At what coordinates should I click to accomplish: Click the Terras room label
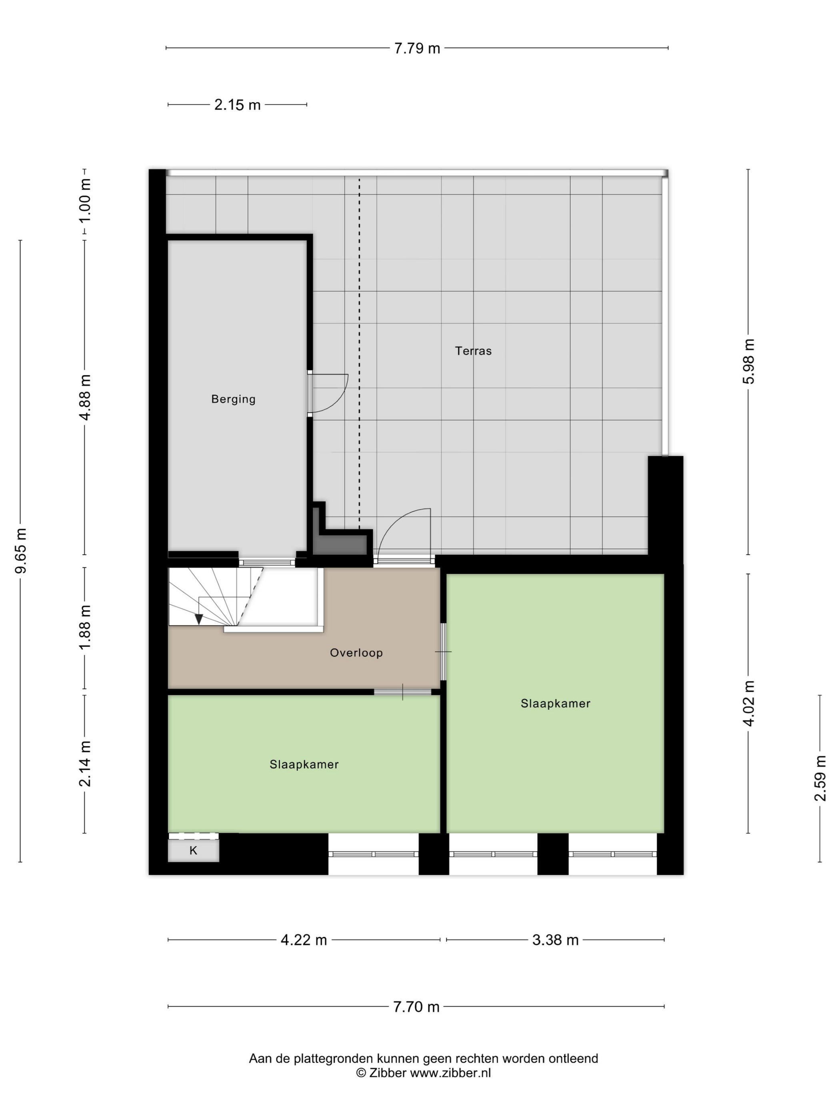coord(473,351)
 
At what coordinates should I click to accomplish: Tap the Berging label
coord(234,399)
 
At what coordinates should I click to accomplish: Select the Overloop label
coord(356,653)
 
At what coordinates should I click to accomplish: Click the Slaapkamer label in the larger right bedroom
coord(556,703)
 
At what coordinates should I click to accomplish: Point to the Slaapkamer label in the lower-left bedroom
coord(304,764)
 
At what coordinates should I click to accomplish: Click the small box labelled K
coord(194,851)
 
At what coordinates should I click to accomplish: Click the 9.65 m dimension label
coord(21,550)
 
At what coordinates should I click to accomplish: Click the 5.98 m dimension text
coord(748,362)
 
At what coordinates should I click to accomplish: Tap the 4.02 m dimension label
coord(748,703)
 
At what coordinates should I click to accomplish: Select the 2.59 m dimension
coord(820,778)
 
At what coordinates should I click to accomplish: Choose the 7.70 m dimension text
coord(416,1006)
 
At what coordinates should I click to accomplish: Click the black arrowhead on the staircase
coord(199,619)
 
